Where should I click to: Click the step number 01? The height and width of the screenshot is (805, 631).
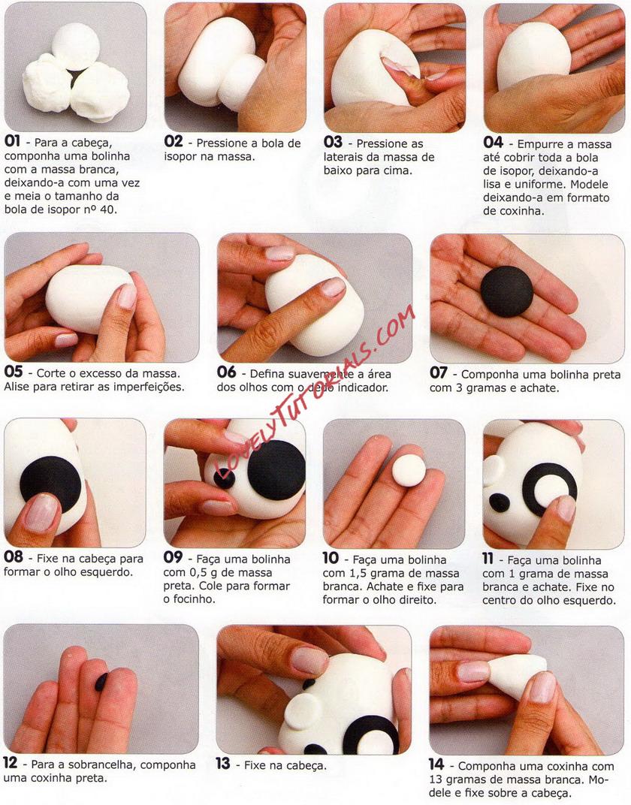pyautogui.click(x=12, y=140)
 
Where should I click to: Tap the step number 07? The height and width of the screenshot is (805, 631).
pyautogui.click(x=439, y=372)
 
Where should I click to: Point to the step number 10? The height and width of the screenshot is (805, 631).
pyautogui.click(x=331, y=557)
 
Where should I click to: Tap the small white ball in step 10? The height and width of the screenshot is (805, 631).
pyautogui.click(x=409, y=470)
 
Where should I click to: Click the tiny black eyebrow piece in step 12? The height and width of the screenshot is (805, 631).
pyautogui.click(x=101, y=682)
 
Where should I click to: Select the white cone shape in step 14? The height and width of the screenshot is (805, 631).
pyautogui.click(x=517, y=674)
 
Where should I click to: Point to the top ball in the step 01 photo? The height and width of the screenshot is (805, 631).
pyautogui.click(x=76, y=47)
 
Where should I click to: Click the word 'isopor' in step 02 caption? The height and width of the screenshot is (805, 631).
pyautogui.click(x=180, y=157)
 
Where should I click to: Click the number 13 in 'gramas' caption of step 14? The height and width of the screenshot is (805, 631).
pyautogui.click(x=436, y=779)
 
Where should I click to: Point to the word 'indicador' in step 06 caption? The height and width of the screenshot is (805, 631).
pyautogui.click(x=363, y=387)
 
